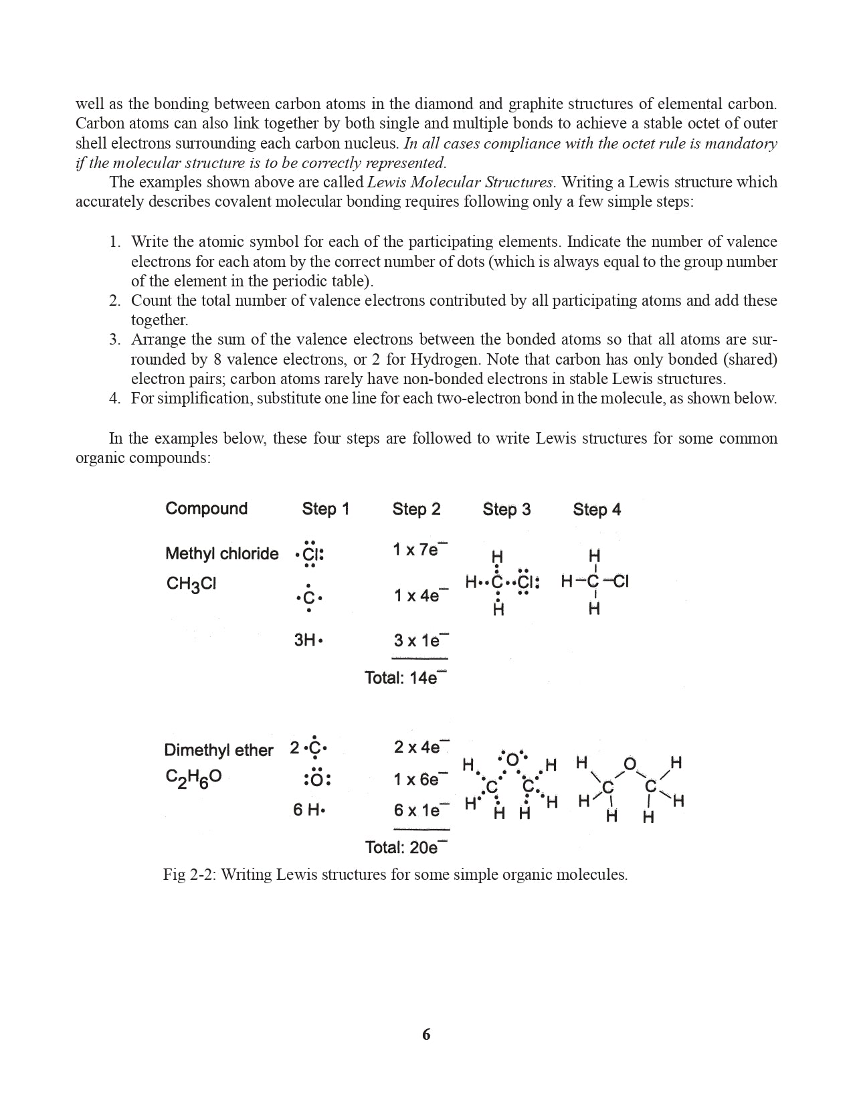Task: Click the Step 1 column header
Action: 325,509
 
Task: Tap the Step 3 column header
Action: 506,510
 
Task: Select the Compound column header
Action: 206,509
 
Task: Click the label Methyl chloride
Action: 221,554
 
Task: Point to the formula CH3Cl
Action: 191,584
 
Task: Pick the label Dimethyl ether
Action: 218,750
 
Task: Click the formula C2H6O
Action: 193,777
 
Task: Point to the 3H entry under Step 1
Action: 308,640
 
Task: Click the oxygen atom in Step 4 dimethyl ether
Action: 630,764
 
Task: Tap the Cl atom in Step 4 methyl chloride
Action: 620,581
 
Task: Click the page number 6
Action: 426,1034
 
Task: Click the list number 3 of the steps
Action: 115,340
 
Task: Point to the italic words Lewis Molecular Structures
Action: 460,182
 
